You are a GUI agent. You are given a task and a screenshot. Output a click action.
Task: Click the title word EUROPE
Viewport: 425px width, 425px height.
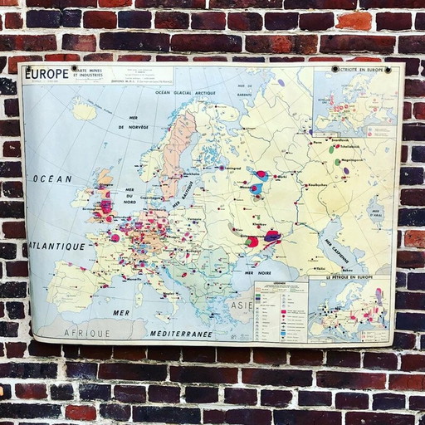click(46, 75)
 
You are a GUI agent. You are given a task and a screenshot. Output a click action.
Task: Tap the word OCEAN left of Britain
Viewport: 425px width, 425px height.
click(52, 178)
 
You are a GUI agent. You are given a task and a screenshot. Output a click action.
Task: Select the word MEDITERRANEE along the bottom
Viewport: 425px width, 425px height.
click(181, 334)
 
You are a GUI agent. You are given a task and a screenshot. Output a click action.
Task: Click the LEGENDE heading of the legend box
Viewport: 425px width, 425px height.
click(280, 286)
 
